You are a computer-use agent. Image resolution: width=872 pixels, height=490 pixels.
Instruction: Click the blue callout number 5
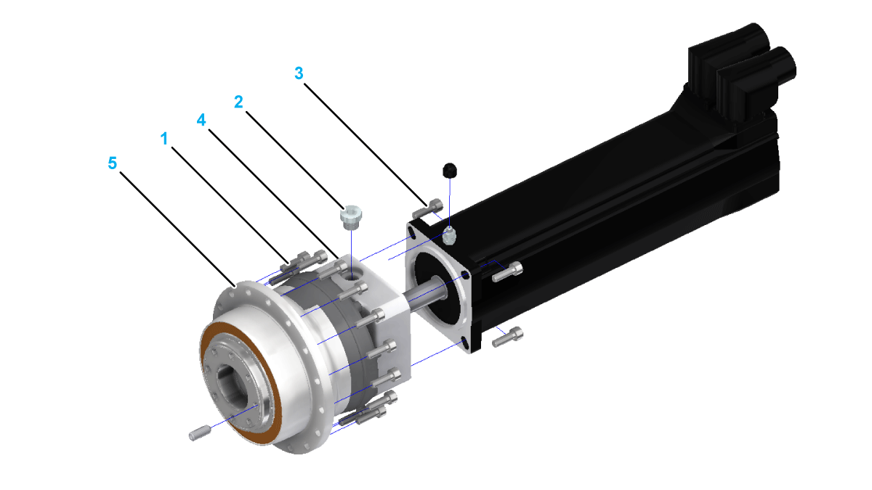(112, 163)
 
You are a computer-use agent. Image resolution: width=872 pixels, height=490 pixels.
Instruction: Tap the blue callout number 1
(164, 139)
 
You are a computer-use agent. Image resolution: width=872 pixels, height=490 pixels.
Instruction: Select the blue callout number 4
(201, 121)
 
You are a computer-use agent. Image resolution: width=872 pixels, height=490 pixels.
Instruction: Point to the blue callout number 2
(238, 102)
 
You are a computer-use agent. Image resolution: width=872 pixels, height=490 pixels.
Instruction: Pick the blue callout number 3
(299, 73)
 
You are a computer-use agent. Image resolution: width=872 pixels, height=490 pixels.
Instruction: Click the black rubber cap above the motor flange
(450, 171)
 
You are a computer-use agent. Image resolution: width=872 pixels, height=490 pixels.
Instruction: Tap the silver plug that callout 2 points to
(351, 216)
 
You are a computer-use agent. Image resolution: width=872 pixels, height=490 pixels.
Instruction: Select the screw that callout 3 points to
(427, 209)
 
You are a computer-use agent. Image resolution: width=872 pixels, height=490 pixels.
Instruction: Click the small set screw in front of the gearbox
(199, 433)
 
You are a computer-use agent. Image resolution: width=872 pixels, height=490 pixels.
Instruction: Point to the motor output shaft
(426, 293)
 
